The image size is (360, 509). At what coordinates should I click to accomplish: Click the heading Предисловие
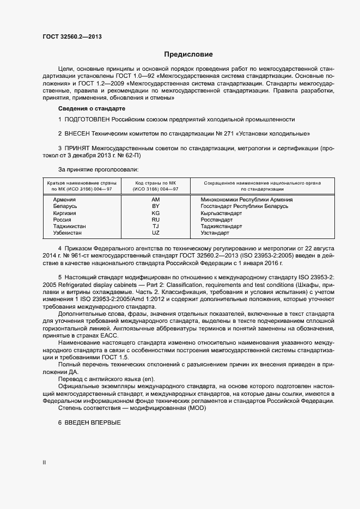click(188, 54)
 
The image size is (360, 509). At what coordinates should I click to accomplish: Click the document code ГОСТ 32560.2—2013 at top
click(72, 37)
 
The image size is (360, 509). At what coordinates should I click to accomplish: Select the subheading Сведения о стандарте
click(88, 109)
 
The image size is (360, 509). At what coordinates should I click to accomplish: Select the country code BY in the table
click(155, 206)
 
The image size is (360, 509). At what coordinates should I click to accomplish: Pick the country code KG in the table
click(155, 213)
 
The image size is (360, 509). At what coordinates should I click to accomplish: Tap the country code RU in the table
click(155, 219)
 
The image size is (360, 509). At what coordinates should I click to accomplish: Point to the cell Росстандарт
click(217, 219)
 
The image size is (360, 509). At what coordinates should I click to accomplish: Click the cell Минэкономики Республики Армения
click(247, 200)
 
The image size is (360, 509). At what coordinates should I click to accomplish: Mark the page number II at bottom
click(44, 463)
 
